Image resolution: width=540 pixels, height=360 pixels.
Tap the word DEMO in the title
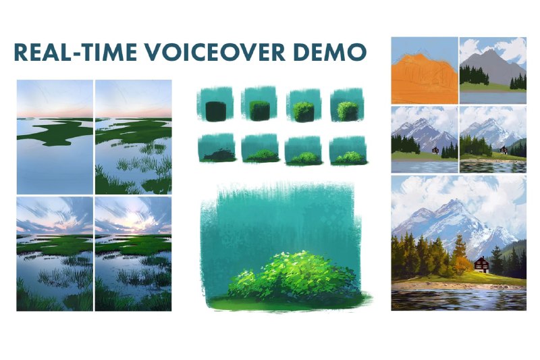(x=331, y=53)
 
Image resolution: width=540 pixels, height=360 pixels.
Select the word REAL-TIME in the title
(x=75, y=53)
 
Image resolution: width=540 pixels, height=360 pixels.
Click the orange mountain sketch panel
(x=425, y=70)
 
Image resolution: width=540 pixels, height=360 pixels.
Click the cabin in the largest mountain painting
(x=482, y=265)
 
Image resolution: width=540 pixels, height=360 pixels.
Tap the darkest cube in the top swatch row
(x=215, y=111)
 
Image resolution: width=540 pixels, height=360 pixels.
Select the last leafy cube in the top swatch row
(x=348, y=111)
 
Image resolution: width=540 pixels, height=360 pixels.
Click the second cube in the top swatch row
(x=259, y=110)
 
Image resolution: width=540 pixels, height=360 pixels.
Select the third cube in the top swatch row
(x=303, y=111)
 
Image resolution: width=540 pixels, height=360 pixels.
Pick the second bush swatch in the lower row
(x=263, y=156)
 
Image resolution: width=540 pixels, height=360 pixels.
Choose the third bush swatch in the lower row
(x=305, y=157)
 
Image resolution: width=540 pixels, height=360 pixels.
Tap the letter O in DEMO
(x=355, y=53)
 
